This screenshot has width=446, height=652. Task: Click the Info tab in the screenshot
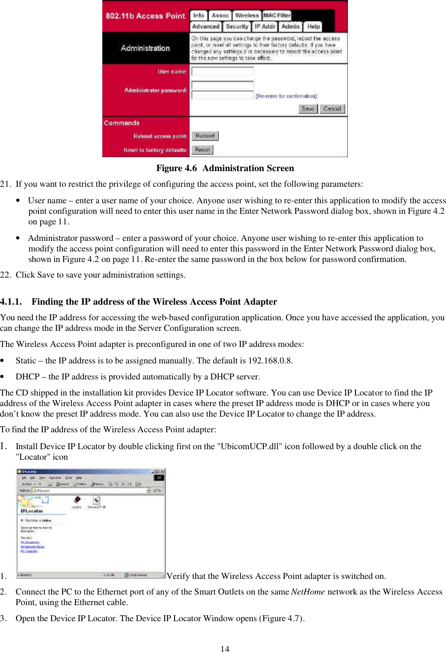(198, 16)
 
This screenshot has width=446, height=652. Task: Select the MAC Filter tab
(277, 16)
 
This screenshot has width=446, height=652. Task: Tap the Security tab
(237, 27)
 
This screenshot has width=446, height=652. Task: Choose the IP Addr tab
(265, 27)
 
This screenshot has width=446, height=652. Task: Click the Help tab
(313, 27)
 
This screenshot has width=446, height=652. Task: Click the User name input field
(222, 71)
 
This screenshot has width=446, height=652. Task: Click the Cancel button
(332, 109)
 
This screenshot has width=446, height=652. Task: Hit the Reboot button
(205, 136)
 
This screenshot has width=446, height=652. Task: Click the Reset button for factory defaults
(202, 150)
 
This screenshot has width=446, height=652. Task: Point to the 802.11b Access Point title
(145, 16)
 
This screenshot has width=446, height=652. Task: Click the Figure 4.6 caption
(225, 168)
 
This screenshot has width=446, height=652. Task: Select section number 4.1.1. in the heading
(11, 302)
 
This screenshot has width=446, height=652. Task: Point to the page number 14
(225, 649)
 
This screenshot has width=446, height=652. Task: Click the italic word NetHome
(308, 592)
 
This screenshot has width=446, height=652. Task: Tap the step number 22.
(5, 275)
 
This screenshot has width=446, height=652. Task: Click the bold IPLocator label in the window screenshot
(32, 511)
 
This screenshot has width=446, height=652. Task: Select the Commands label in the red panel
(122, 123)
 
